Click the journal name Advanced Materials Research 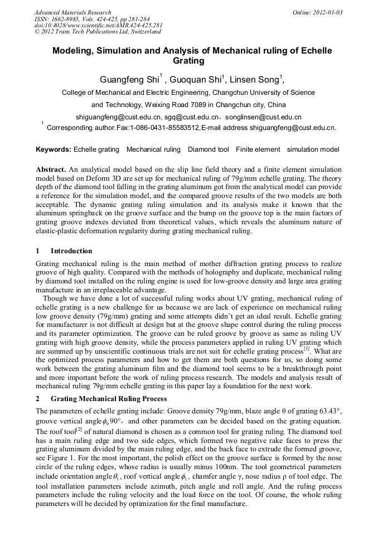coord(72,12)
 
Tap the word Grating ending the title coord(189,61)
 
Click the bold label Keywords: coord(54,150)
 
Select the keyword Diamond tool coord(208,150)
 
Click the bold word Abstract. coord(51,169)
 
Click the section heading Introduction coord(71,250)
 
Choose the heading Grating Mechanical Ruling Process coord(108,399)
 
